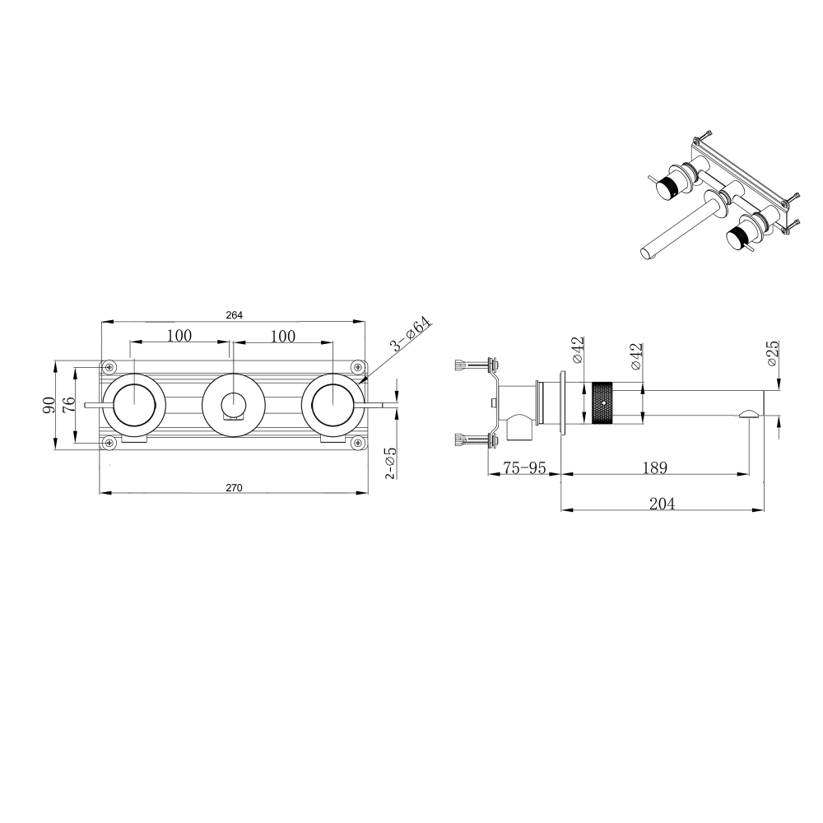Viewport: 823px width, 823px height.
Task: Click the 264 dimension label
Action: click(234, 315)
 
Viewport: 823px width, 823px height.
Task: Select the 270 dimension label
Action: click(234, 487)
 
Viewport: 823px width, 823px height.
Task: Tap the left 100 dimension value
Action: click(179, 335)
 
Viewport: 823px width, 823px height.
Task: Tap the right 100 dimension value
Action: click(283, 336)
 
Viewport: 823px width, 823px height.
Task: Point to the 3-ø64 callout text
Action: click(410, 334)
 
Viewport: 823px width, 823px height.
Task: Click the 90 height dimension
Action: click(49, 405)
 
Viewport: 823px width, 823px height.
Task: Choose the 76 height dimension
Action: click(69, 405)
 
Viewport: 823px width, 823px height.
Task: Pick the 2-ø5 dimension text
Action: click(391, 463)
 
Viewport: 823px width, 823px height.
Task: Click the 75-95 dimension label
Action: click(524, 467)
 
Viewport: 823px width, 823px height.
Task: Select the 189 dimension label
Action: click(654, 467)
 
